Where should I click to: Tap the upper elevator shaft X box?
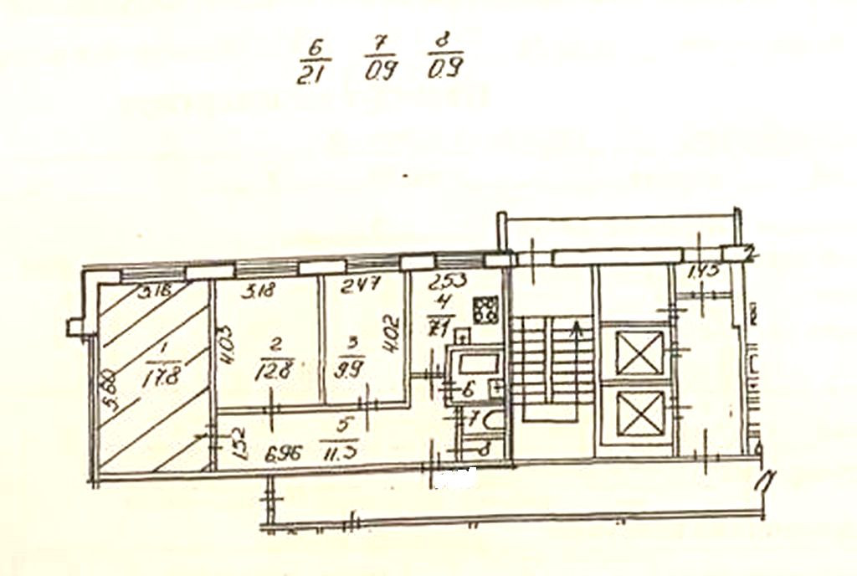coord(639,352)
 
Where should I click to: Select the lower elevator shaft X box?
coord(639,414)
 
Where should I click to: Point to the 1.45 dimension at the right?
coord(703,272)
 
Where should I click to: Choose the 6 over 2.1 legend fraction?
coord(315,59)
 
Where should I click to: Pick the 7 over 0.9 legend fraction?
coord(380,58)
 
